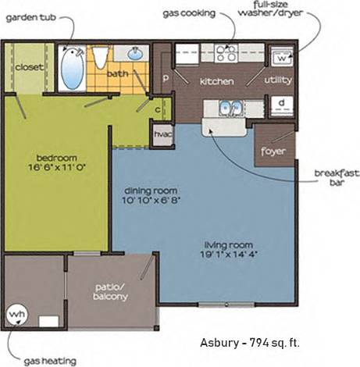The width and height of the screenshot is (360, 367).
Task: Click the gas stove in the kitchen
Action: click(x=226, y=52)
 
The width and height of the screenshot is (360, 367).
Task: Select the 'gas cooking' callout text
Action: click(x=190, y=12)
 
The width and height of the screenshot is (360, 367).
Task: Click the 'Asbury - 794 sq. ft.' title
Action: click(x=249, y=342)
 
